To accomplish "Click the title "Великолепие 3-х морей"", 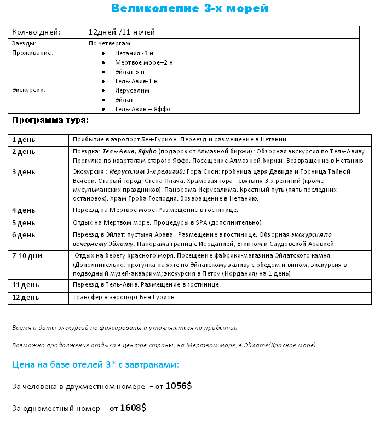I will click(189, 8).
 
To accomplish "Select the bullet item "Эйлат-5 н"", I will click(130, 72).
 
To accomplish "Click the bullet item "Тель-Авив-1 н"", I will click(136, 81).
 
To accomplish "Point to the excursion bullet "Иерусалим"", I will click(132, 90).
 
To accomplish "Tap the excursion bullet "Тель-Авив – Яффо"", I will click(142, 109).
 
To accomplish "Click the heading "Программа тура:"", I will click(50, 120).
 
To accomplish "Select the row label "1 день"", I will click(24, 140).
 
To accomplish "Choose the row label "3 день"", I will click(24, 172).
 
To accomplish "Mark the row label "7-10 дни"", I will click(27, 256).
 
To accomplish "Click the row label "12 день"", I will click(25, 298).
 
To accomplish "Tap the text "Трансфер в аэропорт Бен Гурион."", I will click(124, 298).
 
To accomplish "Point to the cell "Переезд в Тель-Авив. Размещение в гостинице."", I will click(147, 285).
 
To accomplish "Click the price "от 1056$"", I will click(173, 386).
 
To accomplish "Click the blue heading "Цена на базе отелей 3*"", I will click(95, 365).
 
